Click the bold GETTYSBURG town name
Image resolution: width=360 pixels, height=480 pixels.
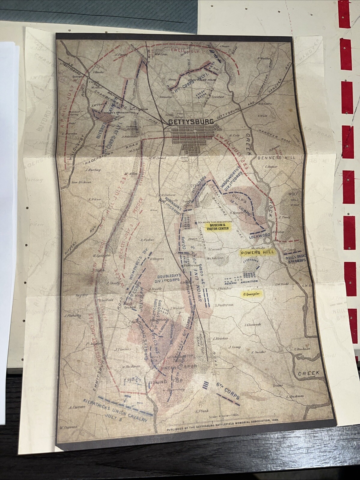coord(191,122)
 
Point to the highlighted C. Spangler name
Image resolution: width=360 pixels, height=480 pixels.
coord(251,294)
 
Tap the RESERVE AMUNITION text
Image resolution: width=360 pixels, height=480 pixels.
coord(241,281)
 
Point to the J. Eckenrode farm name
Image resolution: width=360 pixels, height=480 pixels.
coord(253,325)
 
